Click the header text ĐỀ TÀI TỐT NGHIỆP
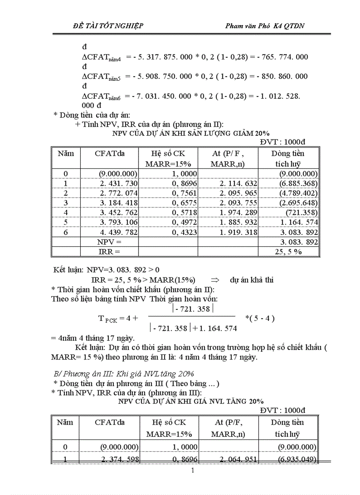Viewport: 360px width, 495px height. click(108, 26)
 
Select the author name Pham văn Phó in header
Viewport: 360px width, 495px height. click(250, 26)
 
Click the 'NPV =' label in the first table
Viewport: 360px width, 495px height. click(109, 242)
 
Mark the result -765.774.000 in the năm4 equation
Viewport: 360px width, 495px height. click(279, 57)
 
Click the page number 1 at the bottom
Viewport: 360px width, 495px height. click(193, 471)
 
